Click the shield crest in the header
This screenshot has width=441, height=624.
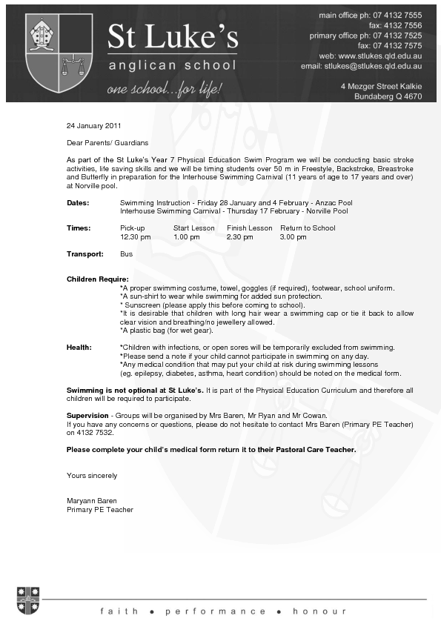pos(59,54)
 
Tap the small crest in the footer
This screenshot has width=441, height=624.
pos(28,600)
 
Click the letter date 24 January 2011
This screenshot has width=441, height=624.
pos(93,125)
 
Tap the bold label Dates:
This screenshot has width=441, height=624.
pos(78,202)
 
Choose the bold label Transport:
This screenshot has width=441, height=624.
pos(83,253)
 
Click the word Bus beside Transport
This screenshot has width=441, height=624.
pos(126,253)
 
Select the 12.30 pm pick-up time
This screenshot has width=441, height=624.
pos(135,237)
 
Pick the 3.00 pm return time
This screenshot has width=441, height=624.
pos(293,237)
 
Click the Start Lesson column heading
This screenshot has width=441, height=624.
pos(193,228)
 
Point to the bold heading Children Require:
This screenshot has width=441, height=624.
pos(98,279)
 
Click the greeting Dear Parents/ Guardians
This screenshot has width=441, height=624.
pos(107,142)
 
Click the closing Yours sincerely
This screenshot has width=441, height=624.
pos(92,476)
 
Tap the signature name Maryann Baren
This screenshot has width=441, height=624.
pos(92,501)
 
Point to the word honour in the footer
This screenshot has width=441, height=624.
pos(319,611)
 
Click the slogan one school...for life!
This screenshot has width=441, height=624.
pos(164,90)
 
